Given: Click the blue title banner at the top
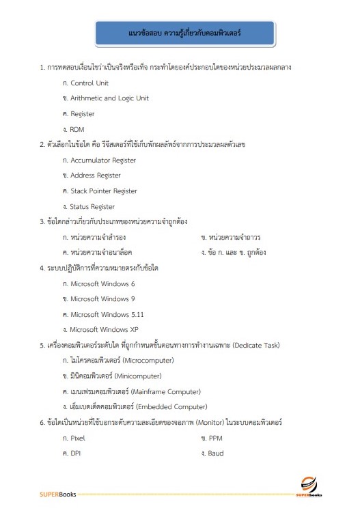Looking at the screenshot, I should click(x=180, y=33).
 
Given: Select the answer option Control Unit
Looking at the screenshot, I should click(x=89, y=83).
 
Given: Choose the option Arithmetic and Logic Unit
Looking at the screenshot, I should click(x=109, y=98).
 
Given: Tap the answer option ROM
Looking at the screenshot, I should click(x=77, y=129).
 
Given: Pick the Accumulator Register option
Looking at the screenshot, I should click(x=102, y=161).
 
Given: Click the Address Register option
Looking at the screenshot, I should click(x=96, y=176).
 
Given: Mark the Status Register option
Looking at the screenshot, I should click(x=92, y=207).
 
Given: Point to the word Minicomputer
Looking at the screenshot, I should click(x=137, y=376).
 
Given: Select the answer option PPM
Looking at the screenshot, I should click(x=216, y=438).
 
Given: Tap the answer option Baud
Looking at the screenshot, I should click(x=217, y=453).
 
